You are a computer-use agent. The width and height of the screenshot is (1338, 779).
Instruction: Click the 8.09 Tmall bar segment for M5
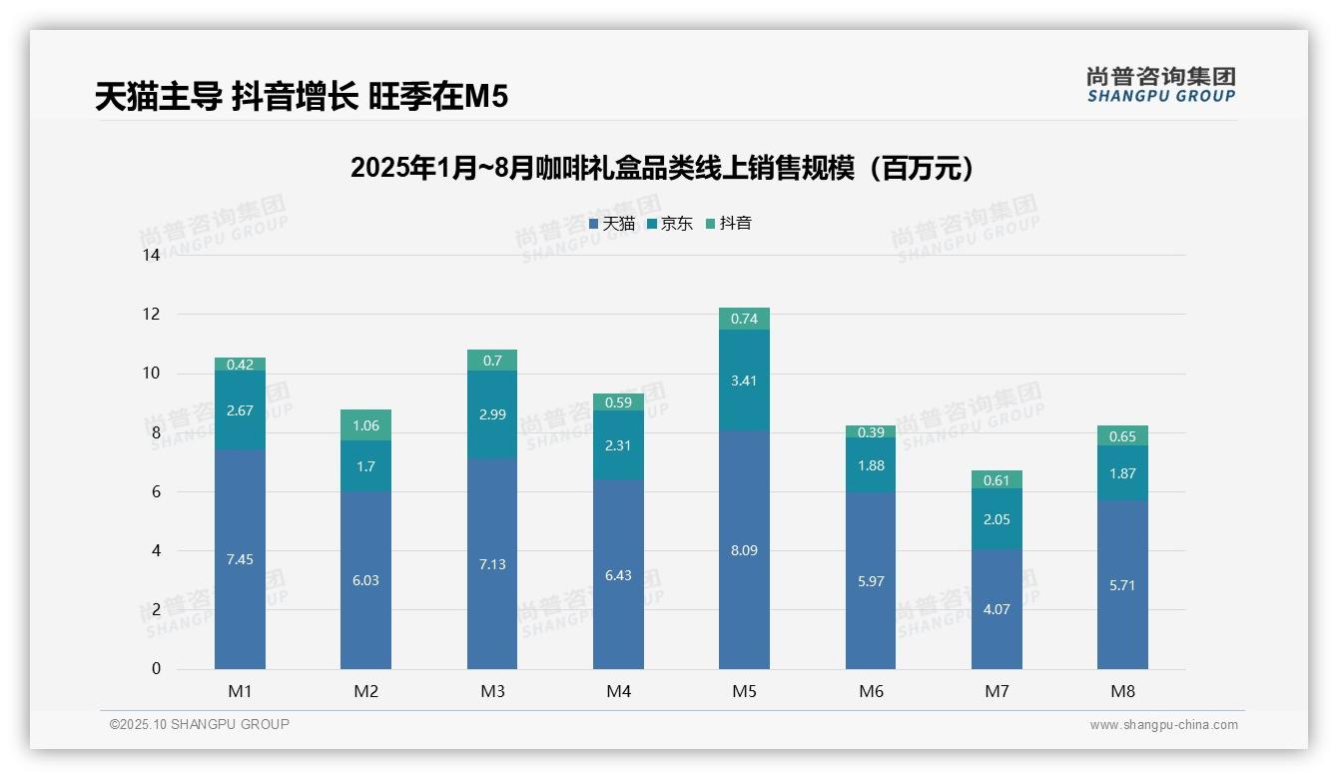744,550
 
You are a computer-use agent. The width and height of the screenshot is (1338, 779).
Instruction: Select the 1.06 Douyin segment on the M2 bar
365,425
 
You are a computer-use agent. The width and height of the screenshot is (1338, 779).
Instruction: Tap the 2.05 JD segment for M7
997,519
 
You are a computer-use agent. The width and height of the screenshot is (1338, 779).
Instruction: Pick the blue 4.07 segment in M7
997,609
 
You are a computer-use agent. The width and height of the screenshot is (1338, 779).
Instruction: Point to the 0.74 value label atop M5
744,320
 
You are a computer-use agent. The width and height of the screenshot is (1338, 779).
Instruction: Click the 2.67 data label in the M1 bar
240,410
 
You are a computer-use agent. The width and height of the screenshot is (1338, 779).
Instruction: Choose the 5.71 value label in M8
1122,585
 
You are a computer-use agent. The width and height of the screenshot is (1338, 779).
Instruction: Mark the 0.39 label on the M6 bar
871,432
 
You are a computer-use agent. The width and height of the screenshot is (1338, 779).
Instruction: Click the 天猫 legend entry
611,224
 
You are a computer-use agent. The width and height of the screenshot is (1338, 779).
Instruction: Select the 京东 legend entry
670,224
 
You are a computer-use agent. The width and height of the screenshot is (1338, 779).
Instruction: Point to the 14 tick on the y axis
151,256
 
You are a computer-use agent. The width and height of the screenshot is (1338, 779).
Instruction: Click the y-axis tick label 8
155,433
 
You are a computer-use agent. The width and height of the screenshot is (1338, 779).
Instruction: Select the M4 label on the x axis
618,691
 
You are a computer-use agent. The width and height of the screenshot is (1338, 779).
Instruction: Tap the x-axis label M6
871,691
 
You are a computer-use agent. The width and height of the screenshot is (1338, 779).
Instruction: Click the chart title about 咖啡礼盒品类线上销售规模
661,169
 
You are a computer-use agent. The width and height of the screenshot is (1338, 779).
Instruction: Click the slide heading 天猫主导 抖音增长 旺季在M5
302,97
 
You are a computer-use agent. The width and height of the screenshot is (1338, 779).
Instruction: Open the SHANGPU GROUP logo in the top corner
1160,85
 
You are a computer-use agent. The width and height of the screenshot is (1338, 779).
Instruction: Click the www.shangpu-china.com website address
1163,725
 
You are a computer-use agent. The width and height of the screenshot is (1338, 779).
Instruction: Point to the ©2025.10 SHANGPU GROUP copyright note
200,725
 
